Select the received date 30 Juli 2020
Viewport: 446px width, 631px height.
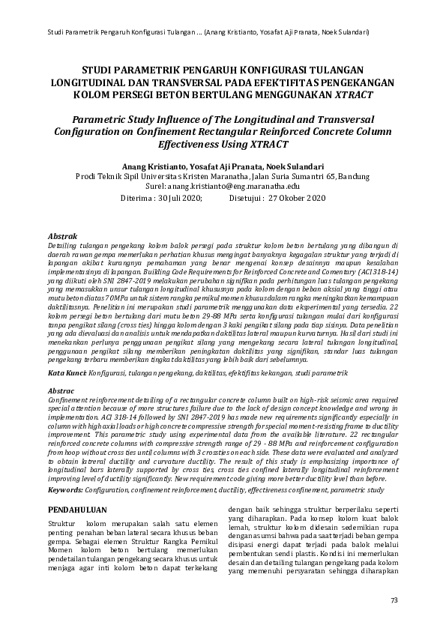179,199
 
